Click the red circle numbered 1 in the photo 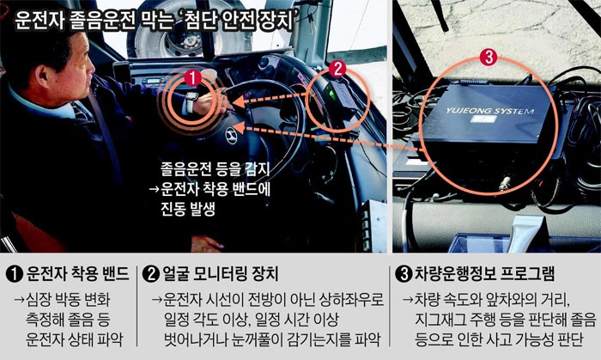(192, 78)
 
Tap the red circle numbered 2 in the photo (337, 70)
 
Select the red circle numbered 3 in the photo (489, 58)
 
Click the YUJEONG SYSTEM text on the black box (489, 111)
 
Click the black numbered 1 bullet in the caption (15, 274)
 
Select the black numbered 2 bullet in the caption (150, 274)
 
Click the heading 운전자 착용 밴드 (77, 274)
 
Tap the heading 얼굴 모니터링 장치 (221, 274)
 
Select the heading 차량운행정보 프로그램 (485, 274)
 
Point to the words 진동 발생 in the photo (187, 210)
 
